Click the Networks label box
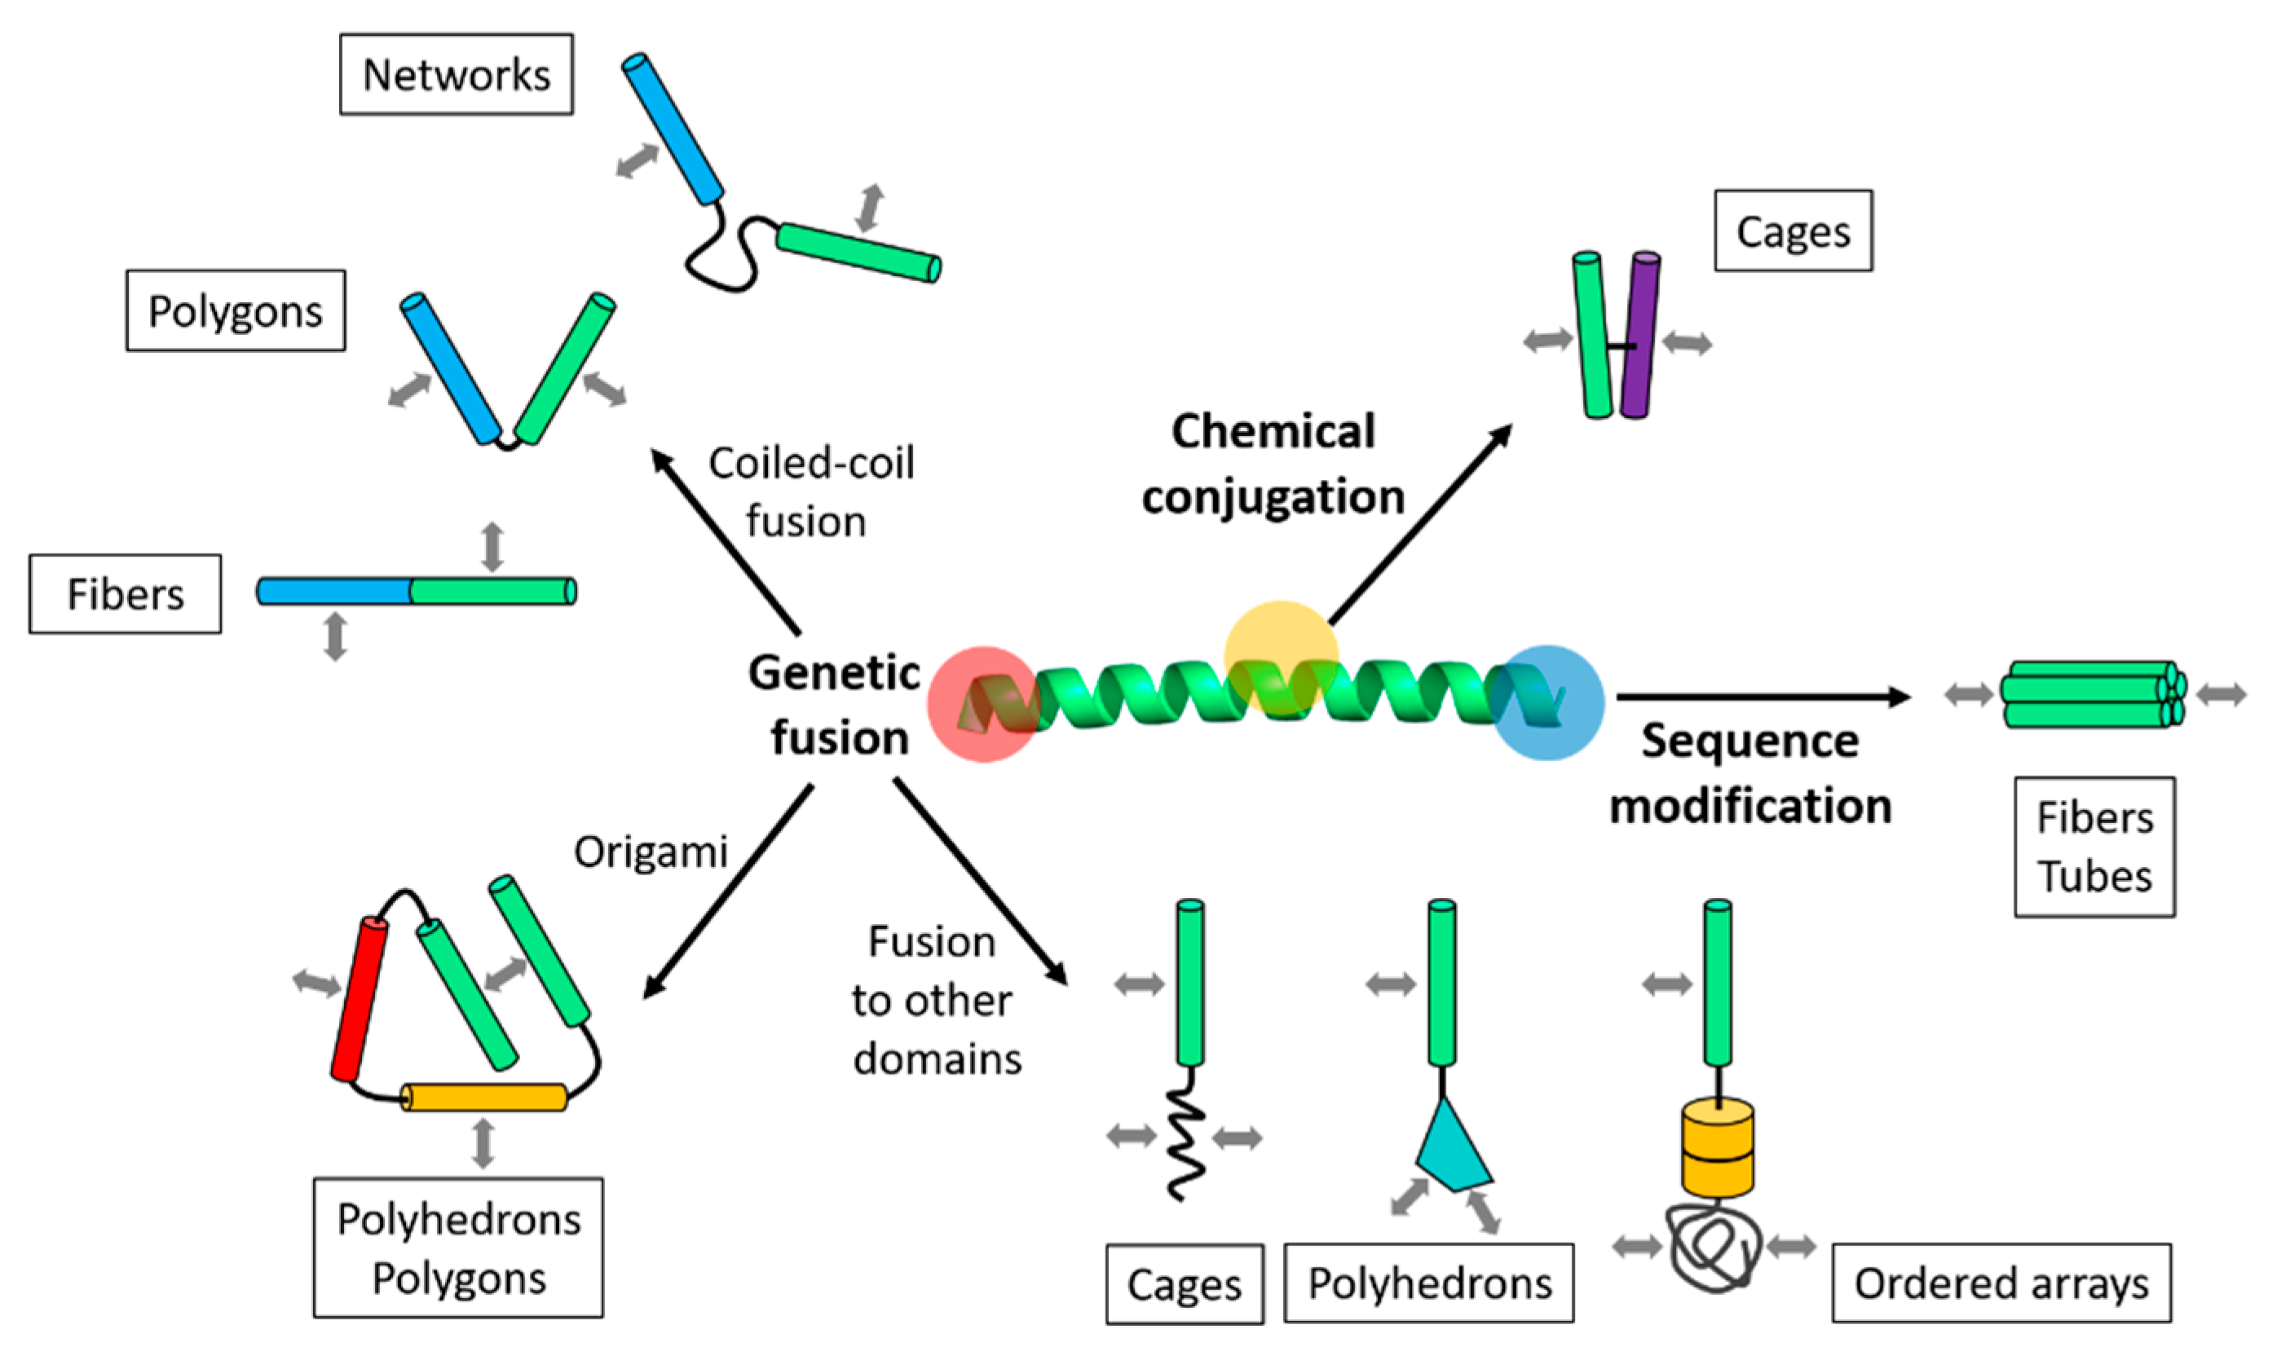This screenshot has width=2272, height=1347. (x=456, y=74)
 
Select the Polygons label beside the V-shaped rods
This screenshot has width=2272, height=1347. (x=236, y=310)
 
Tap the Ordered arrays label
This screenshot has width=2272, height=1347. (x=2001, y=1283)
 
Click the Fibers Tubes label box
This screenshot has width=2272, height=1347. (x=2094, y=847)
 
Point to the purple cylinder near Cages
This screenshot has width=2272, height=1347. (x=1640, y=335)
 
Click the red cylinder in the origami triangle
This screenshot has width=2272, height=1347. (x=359, y=999)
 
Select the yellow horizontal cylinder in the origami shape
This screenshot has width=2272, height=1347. (x=484, y=1097)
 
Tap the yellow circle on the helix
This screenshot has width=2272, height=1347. (x=1281, y=656)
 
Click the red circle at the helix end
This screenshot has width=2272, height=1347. (x=983, y=703)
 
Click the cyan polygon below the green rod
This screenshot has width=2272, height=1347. (x=1451, y=1148)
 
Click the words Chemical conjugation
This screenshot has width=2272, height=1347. (x=1273, y=464)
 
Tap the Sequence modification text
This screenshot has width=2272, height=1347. (x=1750, y=773)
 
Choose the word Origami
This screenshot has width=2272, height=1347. (x=651, y=852)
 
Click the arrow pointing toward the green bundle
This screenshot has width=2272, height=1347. (x=1763, y=696)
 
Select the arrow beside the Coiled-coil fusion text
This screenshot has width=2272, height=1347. (x=726, y=541)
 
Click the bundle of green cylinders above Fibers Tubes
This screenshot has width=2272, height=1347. (x=2093, y=694)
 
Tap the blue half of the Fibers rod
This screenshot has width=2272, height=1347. (x=333, y=591)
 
